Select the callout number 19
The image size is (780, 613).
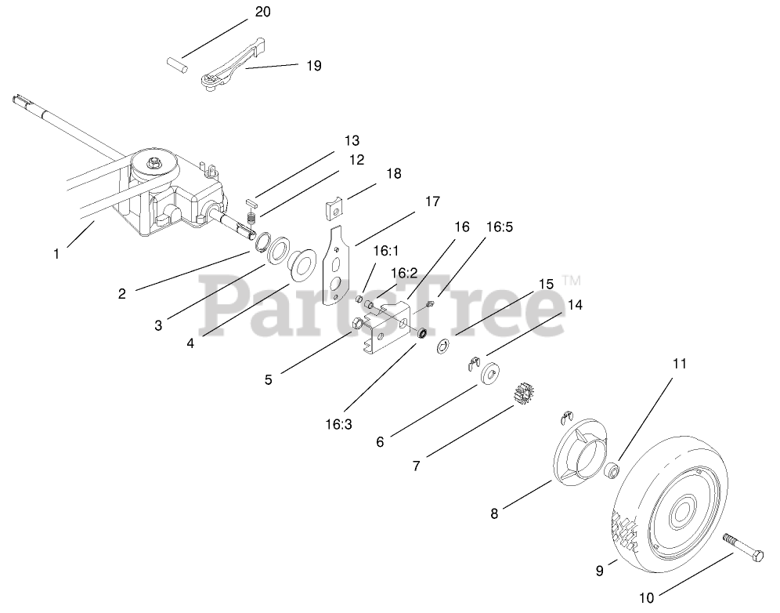click(313, 66)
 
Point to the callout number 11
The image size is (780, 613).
click(679, 364)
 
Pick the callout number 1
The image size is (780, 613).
click(56, 253)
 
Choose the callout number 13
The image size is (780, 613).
click(351, 141)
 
